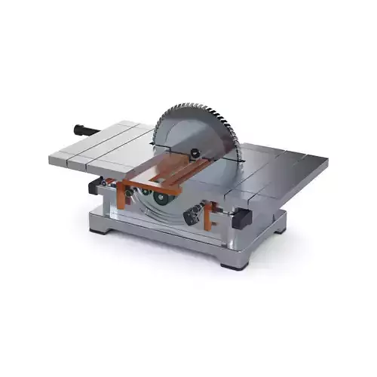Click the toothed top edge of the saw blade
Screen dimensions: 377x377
click(x=198, y=108)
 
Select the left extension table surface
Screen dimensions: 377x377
click(x=98, y=147)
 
